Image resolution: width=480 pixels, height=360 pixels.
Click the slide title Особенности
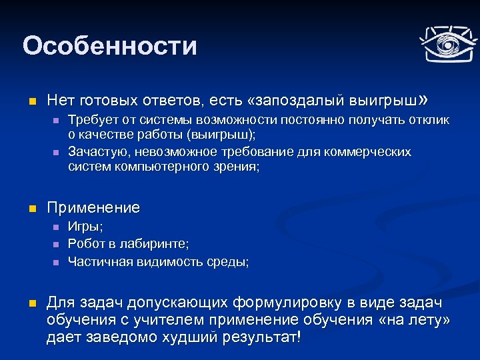pos(109,46)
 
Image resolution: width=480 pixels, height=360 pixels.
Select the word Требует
pos(92,120)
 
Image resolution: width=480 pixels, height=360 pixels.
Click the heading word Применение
pos(93,207)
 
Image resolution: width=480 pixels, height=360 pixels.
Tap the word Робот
pos(86,245)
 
